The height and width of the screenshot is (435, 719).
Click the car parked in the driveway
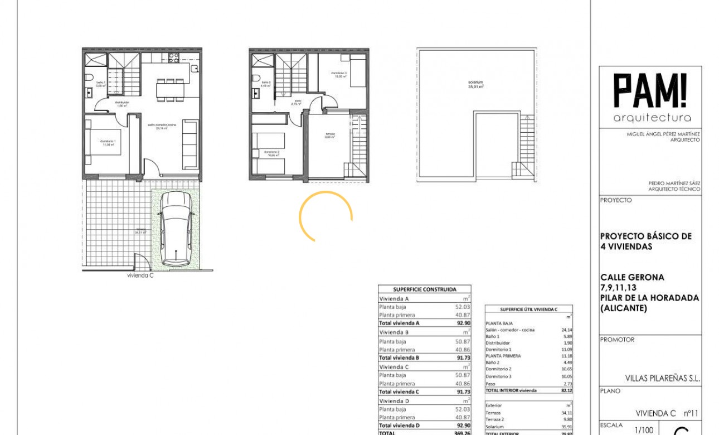pyautogui.click(x=176, y=229)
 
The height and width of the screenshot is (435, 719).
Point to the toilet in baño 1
pyautogui.click(x=90, y=77)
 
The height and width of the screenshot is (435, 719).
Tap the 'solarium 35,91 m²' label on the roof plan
pyautogui.click(x=475, y=84)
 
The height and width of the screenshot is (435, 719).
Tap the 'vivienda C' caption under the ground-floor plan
pyautogui.click(x=140, y=275)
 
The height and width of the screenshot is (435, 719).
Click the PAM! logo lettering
pyautogui.click(x=650, y=91)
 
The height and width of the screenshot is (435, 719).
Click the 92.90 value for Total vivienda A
pyautogui.click(x=463, y=323)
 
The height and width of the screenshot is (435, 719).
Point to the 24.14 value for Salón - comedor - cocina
pyautogui.click(x=567, y=330)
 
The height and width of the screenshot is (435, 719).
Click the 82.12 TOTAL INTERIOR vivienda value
pyautogui.click(x=567, y=390)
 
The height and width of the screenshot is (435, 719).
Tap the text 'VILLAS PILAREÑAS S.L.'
pyautogui.click(x=662, y=378)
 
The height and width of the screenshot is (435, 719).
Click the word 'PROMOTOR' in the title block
pyautogui.click(x=617, y=340)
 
